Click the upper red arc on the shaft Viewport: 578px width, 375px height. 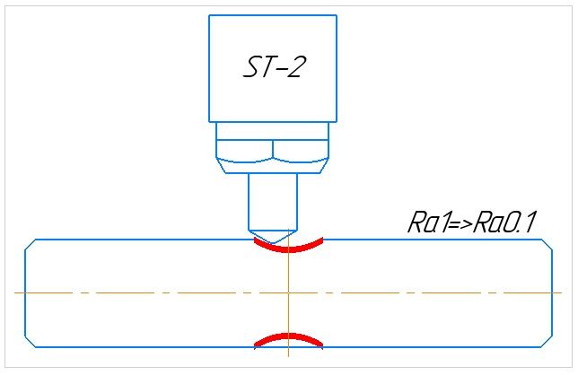(287, 244)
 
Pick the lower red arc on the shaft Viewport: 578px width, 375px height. (287, 338)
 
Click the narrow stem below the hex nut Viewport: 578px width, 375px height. (273, 199)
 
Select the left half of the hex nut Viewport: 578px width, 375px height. (244, 150)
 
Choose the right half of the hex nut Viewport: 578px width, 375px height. (301, 150)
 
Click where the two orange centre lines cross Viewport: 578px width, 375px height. (287, 292)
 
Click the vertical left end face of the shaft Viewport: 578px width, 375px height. (25, 292)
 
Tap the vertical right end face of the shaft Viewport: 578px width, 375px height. (550, 292)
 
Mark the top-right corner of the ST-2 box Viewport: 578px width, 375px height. (337, 15)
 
